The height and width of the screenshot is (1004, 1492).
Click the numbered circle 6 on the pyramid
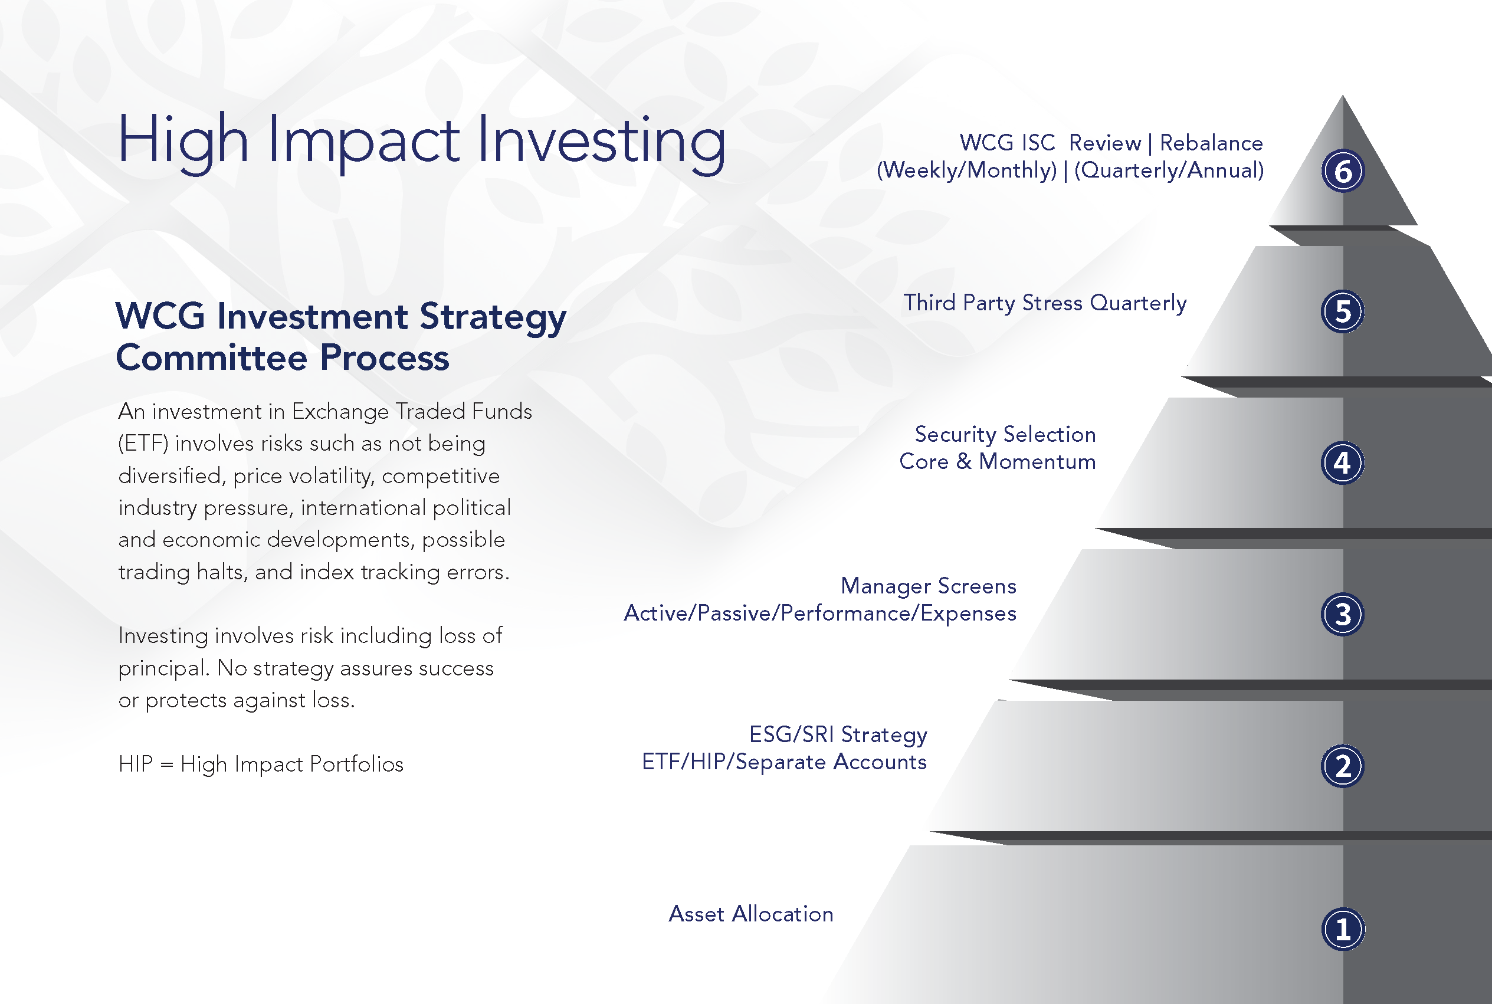point(1343,171)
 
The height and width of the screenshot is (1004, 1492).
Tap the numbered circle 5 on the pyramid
point(1343,312)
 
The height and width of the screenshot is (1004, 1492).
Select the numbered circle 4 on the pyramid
point(1343,463)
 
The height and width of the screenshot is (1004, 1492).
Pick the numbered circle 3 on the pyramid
point(1343,614)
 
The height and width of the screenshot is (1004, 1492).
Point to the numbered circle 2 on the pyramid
point(1343,766)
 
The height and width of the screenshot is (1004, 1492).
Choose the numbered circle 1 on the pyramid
point(1343,929)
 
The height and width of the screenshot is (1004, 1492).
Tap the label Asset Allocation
point(751,914)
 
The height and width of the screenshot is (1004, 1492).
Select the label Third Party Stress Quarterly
point(1045,303)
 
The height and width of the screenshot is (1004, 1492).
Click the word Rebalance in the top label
point(1212,143)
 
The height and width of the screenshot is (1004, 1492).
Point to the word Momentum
point(1037,462)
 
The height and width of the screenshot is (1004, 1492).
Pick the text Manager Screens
point(929,586)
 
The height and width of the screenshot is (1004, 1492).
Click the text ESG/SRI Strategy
point(838,734)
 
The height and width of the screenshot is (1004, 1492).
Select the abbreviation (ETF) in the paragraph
point(143,443)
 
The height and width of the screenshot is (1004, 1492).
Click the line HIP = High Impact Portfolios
point(261,764)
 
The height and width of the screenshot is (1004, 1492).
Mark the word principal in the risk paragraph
point(164,668)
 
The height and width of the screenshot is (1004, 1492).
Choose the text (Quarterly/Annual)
point(1169,170)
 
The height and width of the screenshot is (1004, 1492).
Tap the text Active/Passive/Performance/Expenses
point(820,613)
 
